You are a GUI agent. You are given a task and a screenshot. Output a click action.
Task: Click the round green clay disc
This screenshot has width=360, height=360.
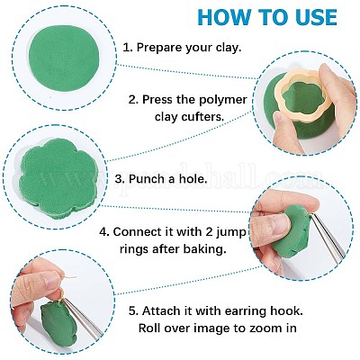click(x=64, y=58)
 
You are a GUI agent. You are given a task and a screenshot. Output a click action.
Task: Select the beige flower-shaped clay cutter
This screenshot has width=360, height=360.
click(x=304, y=94)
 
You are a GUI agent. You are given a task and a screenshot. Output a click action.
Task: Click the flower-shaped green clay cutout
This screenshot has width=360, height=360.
click(x=58, y=178)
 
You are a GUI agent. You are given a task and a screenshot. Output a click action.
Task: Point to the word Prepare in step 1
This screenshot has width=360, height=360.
click(x=159, y=48)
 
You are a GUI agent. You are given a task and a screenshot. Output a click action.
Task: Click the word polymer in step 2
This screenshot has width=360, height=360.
click(x=220, y=100)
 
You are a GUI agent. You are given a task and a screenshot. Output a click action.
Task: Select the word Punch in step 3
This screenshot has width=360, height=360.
click(x=143, y=179)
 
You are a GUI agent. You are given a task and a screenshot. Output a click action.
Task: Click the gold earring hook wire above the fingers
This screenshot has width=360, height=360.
click(x=67, y=277)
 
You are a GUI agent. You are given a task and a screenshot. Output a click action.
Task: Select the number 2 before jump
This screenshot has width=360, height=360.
click(x=207, y=232)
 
